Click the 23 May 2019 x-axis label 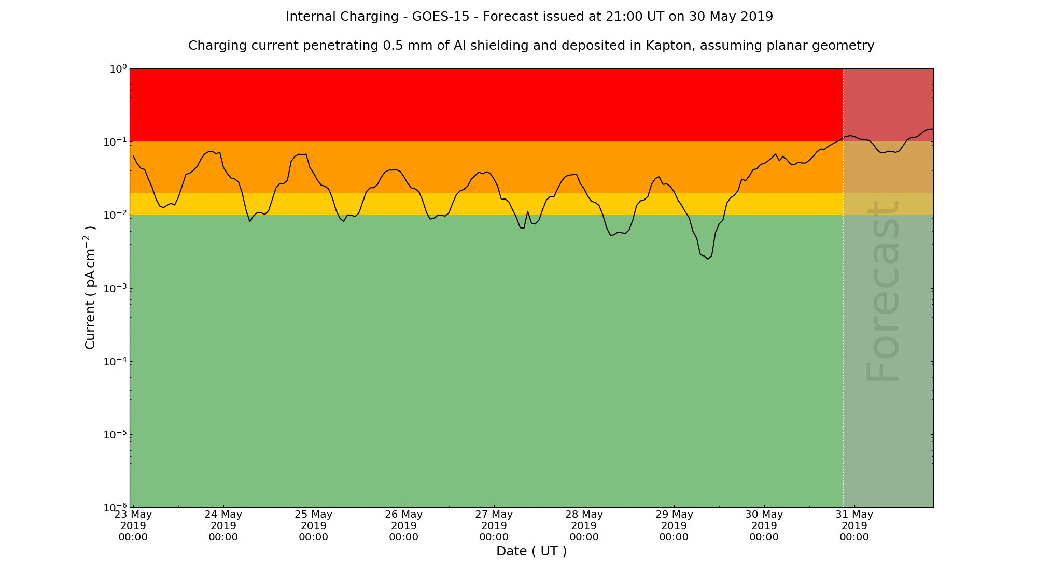[133, 525]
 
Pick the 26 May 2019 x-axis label [403, 525]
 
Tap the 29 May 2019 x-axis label [674, 525]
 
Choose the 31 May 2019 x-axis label [854, 525]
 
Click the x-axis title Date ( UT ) [531, 551]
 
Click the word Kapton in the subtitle [668, 46]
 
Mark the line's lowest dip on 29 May [708, 259]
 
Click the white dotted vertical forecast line [843, 311]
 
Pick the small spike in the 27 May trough [528, 211]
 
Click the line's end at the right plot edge [932, 129]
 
